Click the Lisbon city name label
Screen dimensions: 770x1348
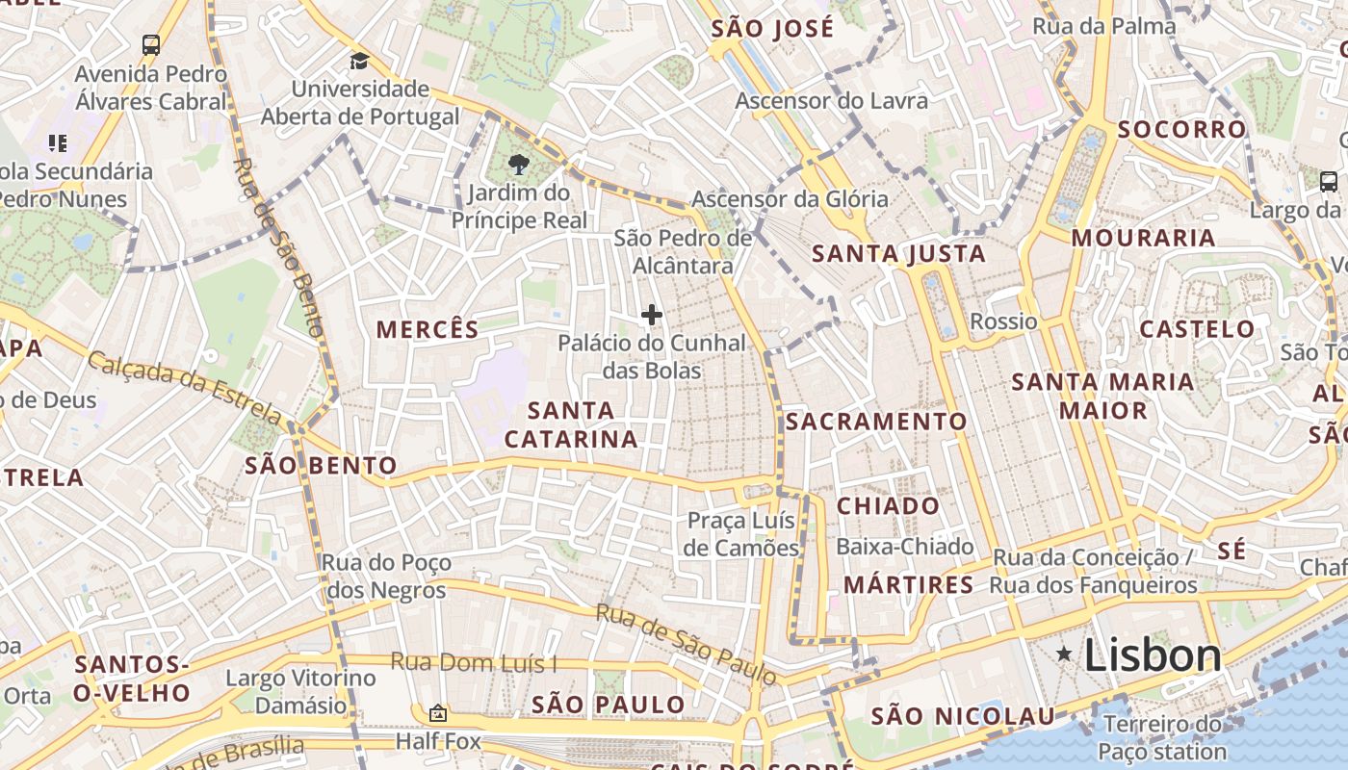click(x=1153, y=655)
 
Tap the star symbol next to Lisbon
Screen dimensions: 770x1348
click(x=1064, y=654)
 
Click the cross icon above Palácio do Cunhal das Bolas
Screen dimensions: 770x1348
click(x=652, y=314)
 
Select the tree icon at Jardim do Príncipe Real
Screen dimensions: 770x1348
click(x=519, y=163)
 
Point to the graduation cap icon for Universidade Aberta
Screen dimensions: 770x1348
click(x=359, y=61)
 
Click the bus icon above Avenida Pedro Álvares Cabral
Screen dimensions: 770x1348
click(x=151, y=44)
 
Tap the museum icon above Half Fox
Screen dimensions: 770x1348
click(x=438, y=713)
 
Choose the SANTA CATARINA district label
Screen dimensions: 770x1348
click(x=571, y=424)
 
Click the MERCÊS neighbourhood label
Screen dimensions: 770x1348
click(x=428, y=329)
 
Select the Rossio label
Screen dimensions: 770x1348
click(x=1003, y=321)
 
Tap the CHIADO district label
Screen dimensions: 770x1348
click(x=888, y=506)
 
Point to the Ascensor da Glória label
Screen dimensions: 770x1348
click(x=790, y=199)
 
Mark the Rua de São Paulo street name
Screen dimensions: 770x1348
click(x=686, y=644)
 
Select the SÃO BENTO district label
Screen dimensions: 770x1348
click(x=321, y=466)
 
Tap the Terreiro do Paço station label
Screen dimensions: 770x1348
click(x=1163, y=737)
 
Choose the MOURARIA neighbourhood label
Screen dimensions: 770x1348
click(x=1143, y=238)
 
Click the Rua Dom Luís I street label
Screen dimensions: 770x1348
click(x=474, y=663)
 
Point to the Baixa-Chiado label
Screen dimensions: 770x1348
click(x=905, y=547)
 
